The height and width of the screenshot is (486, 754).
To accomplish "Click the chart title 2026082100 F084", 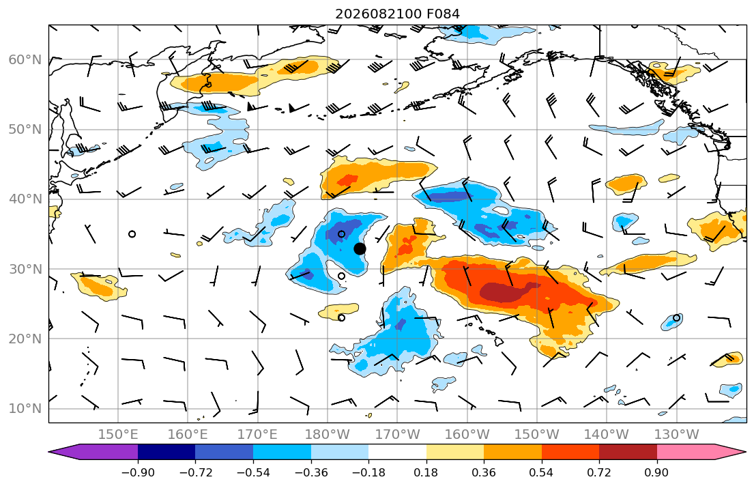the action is pos(397,14).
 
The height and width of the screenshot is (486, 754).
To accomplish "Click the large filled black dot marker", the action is pos(360,248).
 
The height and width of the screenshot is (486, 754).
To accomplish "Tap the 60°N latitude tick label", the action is pos(25,59).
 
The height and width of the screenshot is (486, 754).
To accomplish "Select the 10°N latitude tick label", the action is pos(25,409).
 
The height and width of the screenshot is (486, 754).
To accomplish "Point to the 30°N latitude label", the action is pos(25,269).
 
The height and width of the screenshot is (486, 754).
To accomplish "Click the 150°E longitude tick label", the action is pos(118,435).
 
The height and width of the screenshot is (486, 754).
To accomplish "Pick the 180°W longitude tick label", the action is pos(328,435).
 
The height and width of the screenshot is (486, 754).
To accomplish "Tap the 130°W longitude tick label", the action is pos(677,435).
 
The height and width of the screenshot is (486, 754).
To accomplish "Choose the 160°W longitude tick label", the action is pos(467,435).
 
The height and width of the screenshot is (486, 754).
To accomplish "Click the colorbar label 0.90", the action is pos(657,472).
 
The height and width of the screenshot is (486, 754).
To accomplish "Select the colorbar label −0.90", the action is pos(138,472).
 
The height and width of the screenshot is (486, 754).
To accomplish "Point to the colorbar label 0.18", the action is pos(426,472).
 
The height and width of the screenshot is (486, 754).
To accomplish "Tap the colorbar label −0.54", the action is pos(253,472).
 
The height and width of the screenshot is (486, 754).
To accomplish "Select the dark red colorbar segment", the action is pos(628,452).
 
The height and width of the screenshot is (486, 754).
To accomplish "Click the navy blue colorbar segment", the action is pos(166,452).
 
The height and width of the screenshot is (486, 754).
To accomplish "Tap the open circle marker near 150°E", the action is pos(132,234).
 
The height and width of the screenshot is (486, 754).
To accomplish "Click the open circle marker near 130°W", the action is pos(677,317).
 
